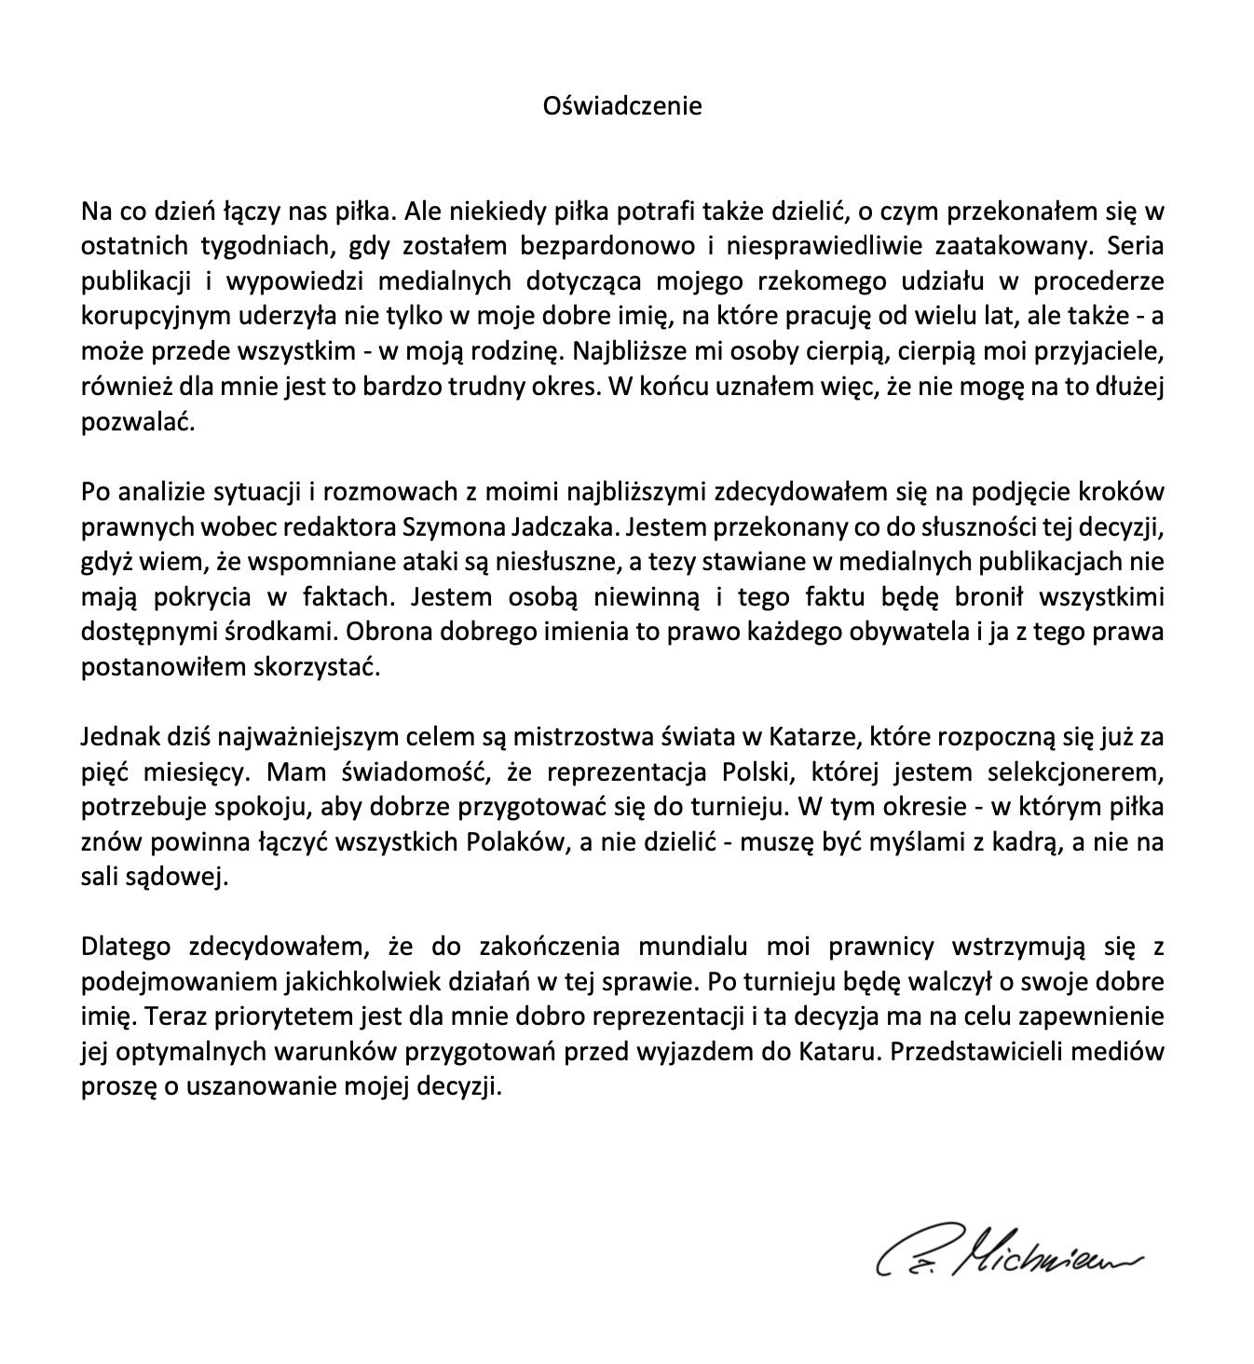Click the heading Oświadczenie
[622, 105]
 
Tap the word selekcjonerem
[1085, 772]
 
